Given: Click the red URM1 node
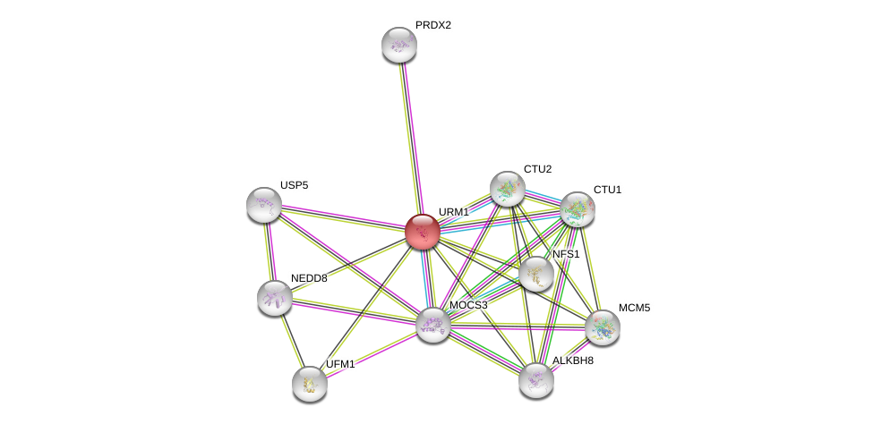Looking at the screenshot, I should click(423, 232).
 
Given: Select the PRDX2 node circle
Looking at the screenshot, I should click(399, 45).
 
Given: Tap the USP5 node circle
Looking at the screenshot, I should click(264, 205).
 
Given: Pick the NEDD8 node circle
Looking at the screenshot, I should click(275, 298).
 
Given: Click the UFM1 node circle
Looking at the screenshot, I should click(310, 384).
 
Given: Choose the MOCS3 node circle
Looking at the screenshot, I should click(433, 325).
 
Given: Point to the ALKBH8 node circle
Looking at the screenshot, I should click(536, 380).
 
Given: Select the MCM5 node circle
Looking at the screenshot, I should click(603, 327).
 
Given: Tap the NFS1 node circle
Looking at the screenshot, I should click(536, 274).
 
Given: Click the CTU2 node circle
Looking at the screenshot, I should click(508, 189).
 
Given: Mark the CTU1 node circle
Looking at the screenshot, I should click(578, 209).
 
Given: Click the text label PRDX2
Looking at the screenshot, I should click(433, 25).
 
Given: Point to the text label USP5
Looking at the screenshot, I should click(294, 185).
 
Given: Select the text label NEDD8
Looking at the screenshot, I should click(309, 278).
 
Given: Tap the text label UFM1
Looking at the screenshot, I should click(340, 364).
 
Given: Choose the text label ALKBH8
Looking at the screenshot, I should click(573, 360).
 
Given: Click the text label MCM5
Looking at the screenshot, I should click(634, 308).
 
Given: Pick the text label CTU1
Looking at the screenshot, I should click(607, 190).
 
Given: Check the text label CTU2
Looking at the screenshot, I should click(538, 169).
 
